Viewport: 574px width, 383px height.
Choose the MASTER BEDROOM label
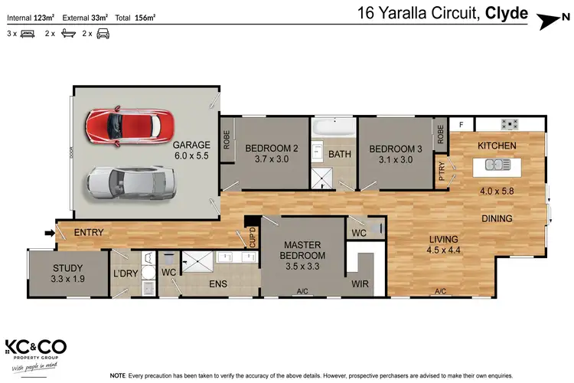coord(304,250)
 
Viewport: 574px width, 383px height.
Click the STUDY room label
coord(67,273)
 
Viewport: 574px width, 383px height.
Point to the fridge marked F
coord(461,124)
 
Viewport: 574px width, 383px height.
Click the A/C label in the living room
coord(440,291)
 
